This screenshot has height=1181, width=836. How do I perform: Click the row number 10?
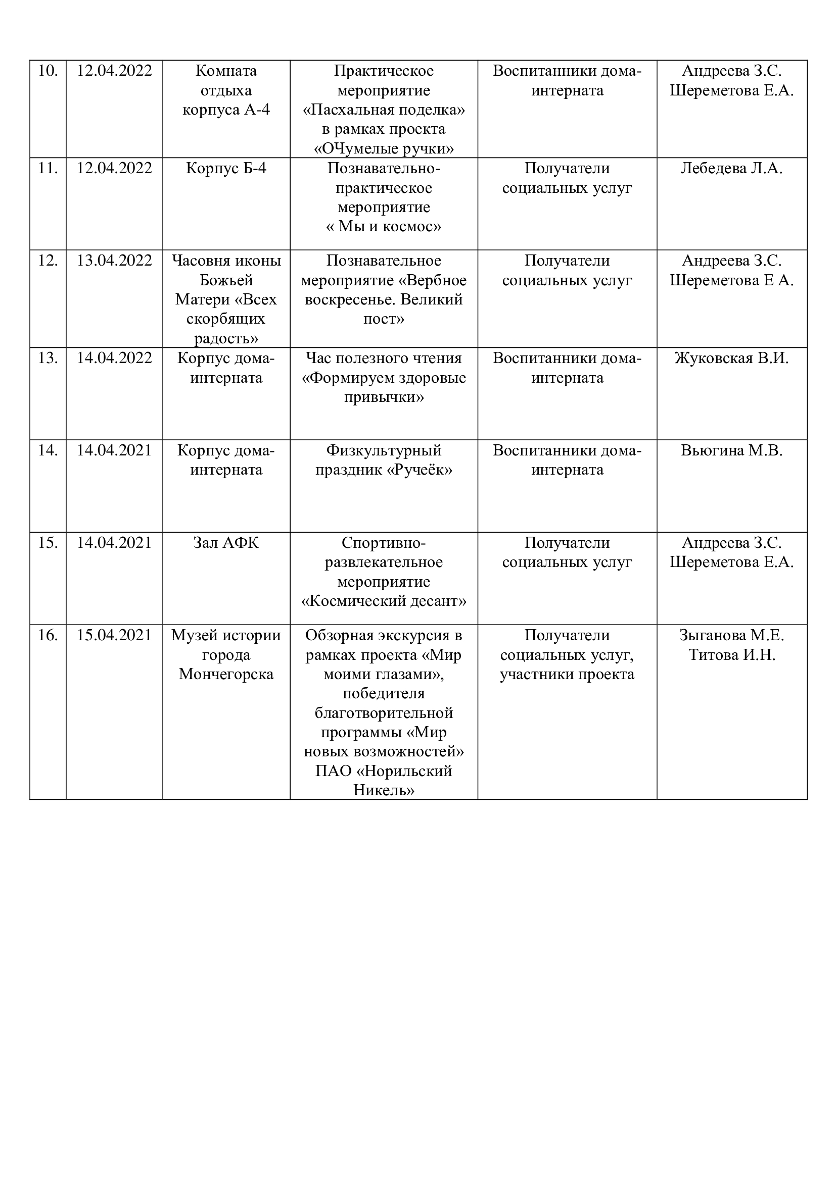(x=48, y=71)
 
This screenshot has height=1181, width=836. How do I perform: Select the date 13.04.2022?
(x=114, y=261)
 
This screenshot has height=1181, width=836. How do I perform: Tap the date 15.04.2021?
(x=114, y=635)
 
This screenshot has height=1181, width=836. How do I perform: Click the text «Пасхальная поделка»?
(x=384, y=110)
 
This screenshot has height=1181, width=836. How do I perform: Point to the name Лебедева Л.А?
(x=731, y=168)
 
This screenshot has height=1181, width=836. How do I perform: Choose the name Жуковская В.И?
(x=731, y=358)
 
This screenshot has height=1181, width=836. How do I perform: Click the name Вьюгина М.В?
(x=731, y=450)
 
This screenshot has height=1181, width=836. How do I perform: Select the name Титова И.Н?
(x=731, y=655)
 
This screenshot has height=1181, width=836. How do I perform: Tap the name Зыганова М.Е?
(x=731, y=635)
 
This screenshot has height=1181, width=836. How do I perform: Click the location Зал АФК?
(x=226, y=543)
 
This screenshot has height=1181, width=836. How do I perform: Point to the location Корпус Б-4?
(x=226, y=168)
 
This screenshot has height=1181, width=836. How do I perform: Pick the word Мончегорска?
(x=226, y=675)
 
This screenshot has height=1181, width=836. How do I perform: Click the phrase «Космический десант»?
(x=384, y=601)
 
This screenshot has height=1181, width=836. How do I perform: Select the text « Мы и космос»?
(x=384, y=226)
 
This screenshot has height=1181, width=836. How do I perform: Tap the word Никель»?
(x=384, y=790)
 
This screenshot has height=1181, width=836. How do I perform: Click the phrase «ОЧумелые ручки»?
(x=384, y=148)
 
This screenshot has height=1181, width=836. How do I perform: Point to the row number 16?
(x=48, y=635)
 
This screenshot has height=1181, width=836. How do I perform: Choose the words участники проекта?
(x=567, y=675)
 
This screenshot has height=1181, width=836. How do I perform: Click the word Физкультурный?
(x=384, y=450)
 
